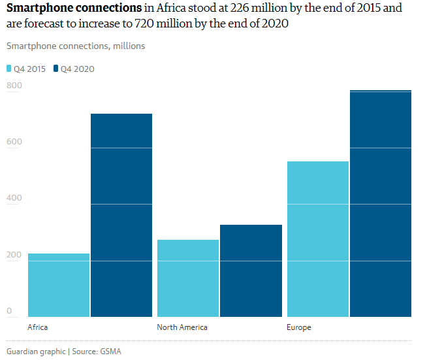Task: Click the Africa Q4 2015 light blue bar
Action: pyautogui.click(x=59, y=285)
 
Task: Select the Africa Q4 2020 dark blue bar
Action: pyautogui.click(x=121, y=215)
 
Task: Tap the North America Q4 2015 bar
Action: pyautogui.click(x=188, y=278)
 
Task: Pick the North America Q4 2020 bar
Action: pyautogui.click(x=251, y=270)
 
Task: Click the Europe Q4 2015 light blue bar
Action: pyautogui.click(x=318, y=239)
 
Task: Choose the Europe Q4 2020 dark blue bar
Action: pyautogui.click(x=381, y=203)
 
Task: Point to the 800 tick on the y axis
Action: pyautogui.click(x=14, y=86)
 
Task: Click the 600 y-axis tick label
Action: pyautogui.click(x=14, y=142)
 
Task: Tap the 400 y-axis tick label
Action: pyautogui.click(x=14, y=198)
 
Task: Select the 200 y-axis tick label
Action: pyautogui.click(x=14, y=255)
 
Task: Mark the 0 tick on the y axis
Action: pyautogui.click(x=10, y=311)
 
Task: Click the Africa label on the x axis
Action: pyautogui.click(x=38, y=327)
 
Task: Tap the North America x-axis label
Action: pyautogui.click(x=182, y=327)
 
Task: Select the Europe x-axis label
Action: pyautogui.click(x=298, y=327)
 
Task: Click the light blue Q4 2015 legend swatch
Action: pyautogui.click(x=9, y=69)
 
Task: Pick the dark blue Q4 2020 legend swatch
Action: pyautogui.click(x=56, y=69)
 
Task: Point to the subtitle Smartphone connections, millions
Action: pyautogui.click(x=76, y=46)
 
